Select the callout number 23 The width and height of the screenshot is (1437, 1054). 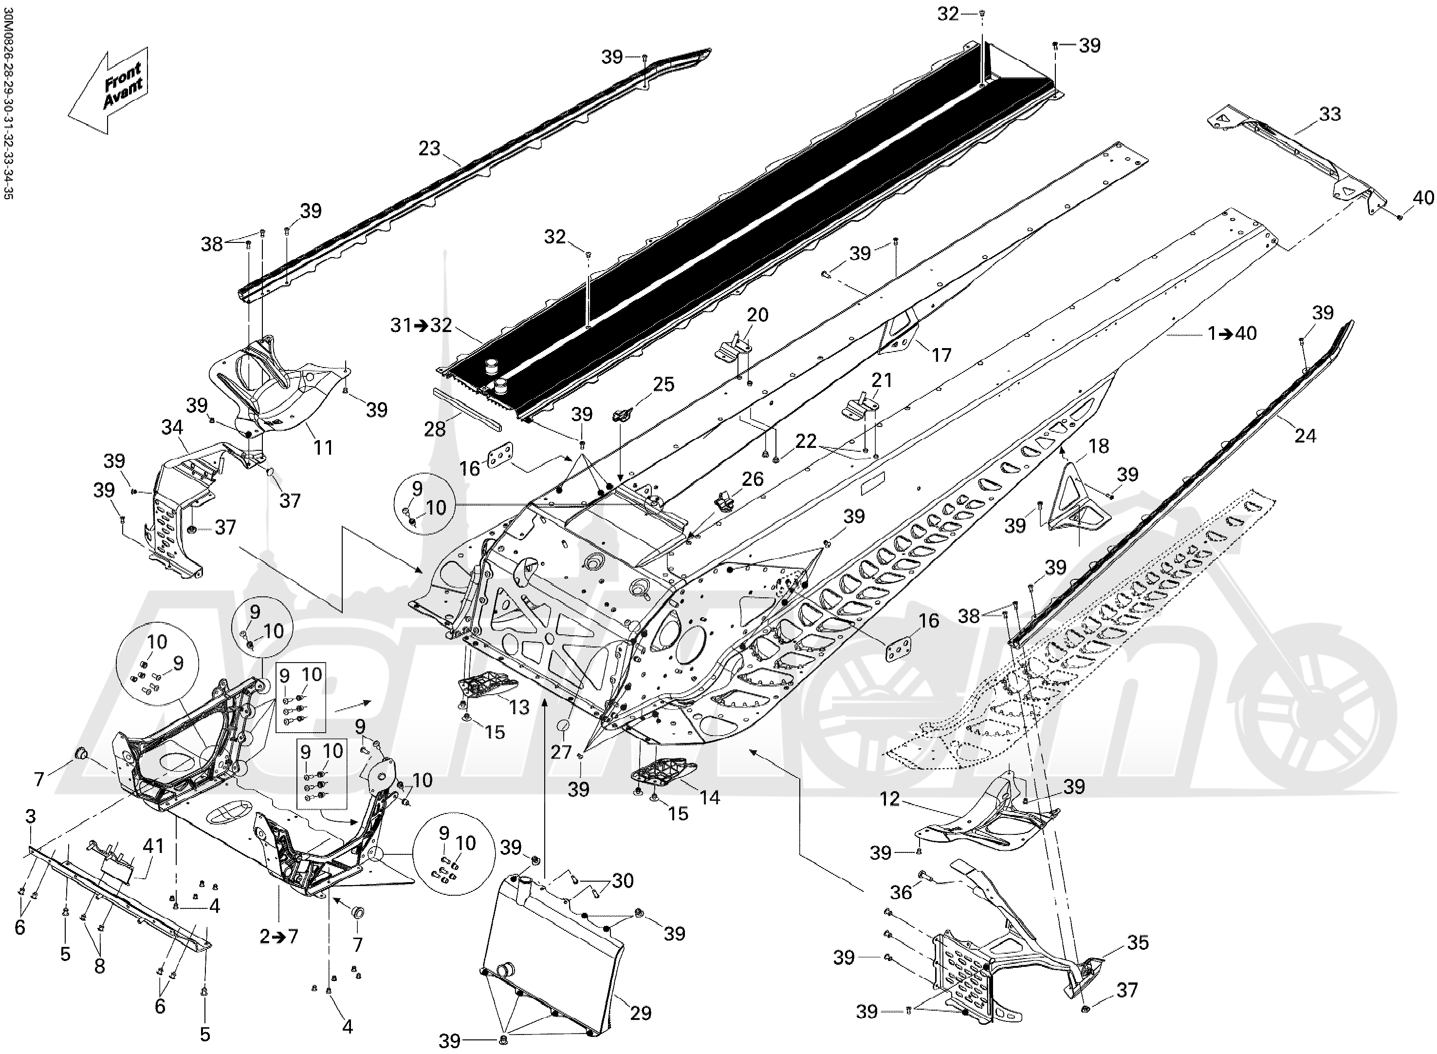(429, 148)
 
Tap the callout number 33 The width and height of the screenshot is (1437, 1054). (1330, 115)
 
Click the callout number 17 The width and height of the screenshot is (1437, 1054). (941, 355)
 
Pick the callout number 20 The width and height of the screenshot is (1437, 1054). (758, 314)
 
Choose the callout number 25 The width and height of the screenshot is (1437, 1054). (663, 384)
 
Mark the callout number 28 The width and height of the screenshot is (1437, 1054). (435, 429)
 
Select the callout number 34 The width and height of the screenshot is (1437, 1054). (172, 427)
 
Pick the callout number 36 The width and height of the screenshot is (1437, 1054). (901, 892)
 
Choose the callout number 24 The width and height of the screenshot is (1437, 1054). (1306, 436)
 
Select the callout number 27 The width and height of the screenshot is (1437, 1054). (561, 752)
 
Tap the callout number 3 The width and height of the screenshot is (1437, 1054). (31, 816)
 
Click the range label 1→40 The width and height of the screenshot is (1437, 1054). (1232, 333)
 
